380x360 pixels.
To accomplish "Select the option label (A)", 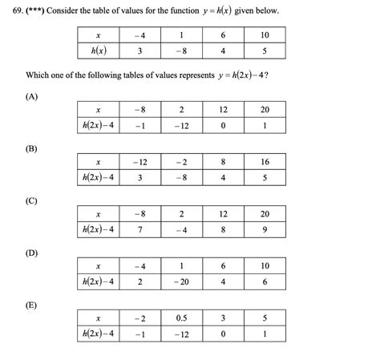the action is coord(32,95).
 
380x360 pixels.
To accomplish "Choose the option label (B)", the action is coord(32,148).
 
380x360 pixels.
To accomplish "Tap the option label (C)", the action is coord(32,200).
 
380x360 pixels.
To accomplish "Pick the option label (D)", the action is coord(32,253).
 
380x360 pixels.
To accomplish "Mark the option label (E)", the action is coord(32,305).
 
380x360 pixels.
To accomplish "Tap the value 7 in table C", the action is coord(141,229).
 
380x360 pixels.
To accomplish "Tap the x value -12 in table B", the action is coord(141,161).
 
